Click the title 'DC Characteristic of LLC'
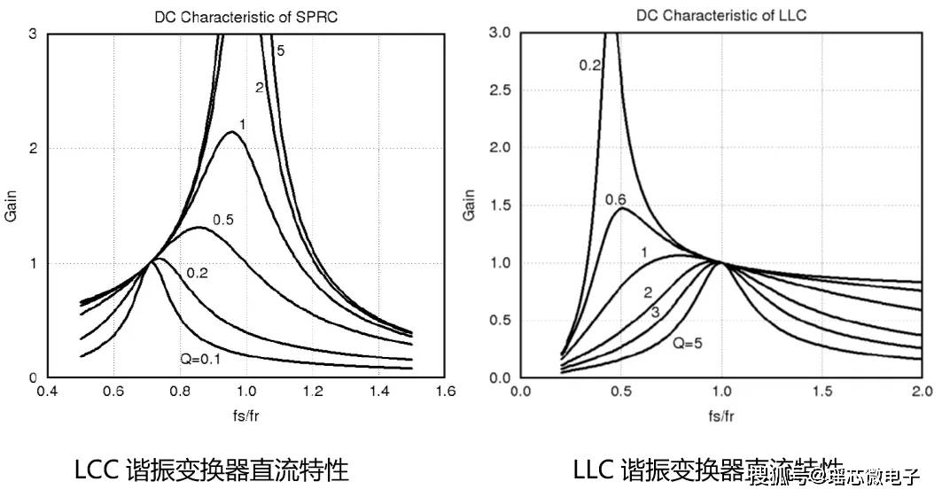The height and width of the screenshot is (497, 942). pyautogui.click(x=721, y=16)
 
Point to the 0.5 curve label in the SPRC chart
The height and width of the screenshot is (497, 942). pyautogui.click(x=222, y=220)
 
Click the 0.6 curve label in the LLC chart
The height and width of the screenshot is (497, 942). pyautogui.click(x=616, y=200)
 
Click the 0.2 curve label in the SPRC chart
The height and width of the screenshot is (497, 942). pyautogui.click(x=197, y=274)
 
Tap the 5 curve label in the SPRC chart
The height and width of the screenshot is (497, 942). pyautogui.click(x=280, y=51)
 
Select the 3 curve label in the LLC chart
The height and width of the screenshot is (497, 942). pyautogui.click(x=654, y=312)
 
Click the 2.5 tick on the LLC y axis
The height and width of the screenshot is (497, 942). pyautogui.click(x=501, y=91)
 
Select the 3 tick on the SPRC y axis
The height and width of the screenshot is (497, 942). pyautogui.click(x=33, y=34)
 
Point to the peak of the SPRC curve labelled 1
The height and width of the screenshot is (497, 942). pyautogui.click(x=232, y=132)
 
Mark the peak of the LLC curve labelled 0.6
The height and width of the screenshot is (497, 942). pyautogui.click(x=621, y=208)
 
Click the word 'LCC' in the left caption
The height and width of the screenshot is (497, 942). pyautogui.click(x=97, y=470)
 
